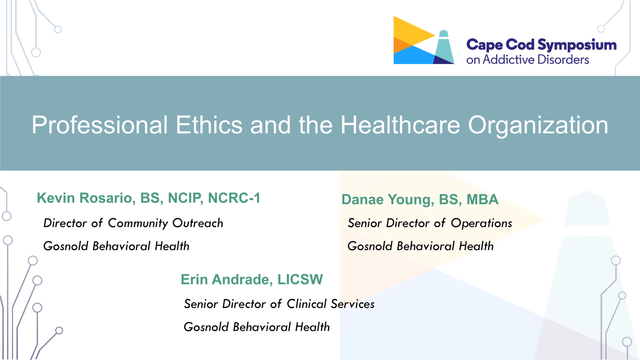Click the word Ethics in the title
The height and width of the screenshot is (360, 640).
(x=209, y=125)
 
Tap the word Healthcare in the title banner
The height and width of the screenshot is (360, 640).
(x=400, y=125)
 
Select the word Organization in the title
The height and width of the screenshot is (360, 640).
(x=538, y=126)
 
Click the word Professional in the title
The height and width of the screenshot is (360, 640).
(x=100, y=125)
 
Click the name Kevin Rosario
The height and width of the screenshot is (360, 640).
(x=84, y=198)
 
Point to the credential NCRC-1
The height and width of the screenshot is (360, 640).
(x=234, y=198)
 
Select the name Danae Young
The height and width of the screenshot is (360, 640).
(x=386, y=200)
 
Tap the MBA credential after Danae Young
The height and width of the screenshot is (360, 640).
(x=482, y=200)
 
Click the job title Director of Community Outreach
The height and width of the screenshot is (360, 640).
(x=133, y=223)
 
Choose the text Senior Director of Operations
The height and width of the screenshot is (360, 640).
(x=430, y=223)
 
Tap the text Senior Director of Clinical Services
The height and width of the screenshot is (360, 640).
(x=279, y=304)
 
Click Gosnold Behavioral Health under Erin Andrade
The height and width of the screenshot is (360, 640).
(x=256, y=327)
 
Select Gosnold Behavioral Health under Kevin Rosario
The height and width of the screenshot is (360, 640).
(x=116, y=246)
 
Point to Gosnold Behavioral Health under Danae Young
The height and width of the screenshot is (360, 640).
(x=420, y=246)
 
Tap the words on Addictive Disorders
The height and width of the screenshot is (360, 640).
(x=528, y=60)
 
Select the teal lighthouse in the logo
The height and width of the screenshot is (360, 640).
(x=444, y=47)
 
